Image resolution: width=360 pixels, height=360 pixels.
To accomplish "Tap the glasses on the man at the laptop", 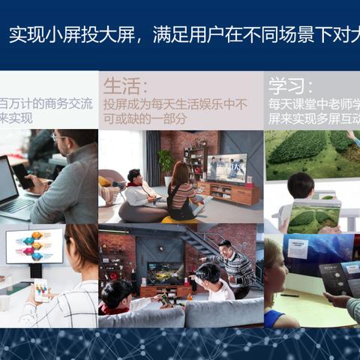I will click(59, 138).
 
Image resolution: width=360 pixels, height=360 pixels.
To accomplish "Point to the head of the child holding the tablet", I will click(300, 186).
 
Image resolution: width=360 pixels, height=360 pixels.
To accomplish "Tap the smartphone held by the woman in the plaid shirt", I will click(40, 289).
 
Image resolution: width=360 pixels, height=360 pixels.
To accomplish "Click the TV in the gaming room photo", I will click(164, 271).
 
